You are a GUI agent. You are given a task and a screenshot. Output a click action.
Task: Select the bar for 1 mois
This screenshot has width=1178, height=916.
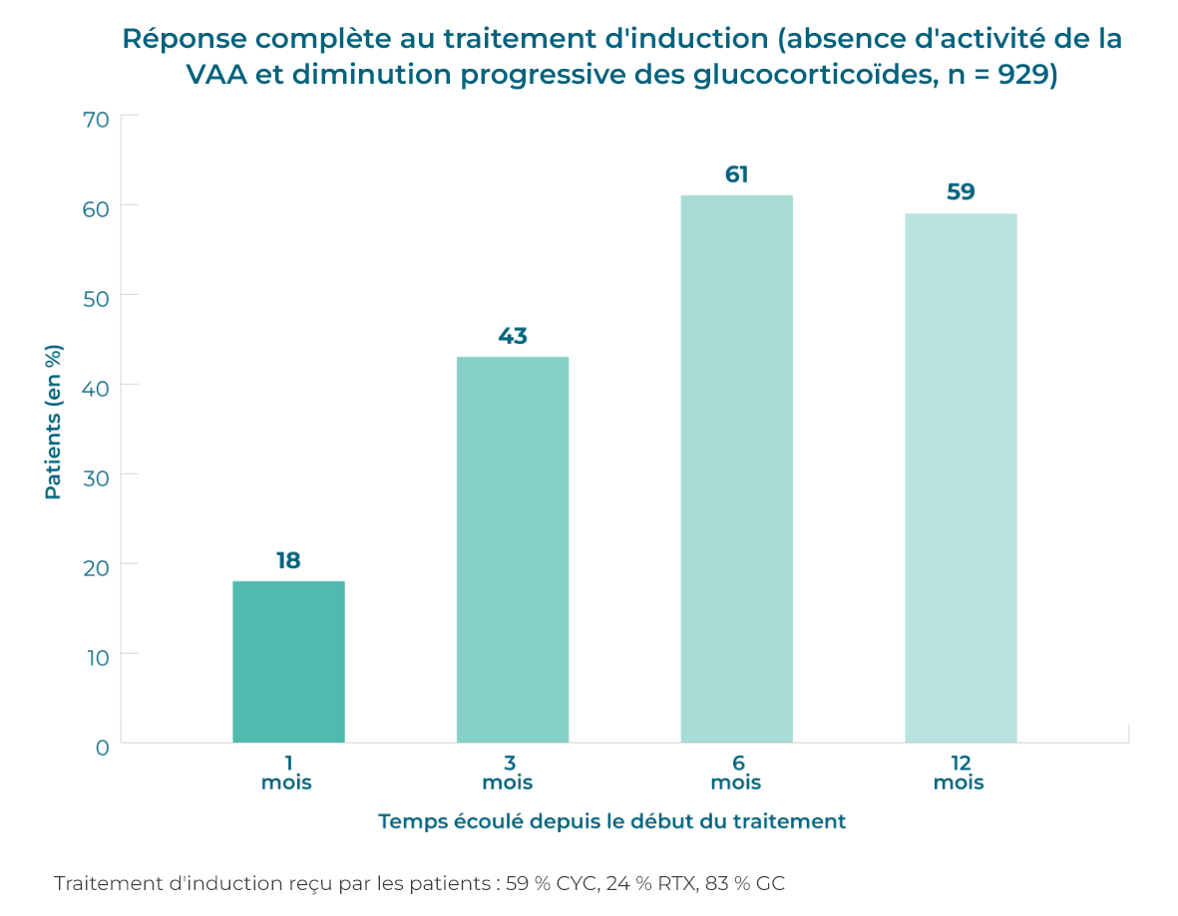click(x=288, y=662)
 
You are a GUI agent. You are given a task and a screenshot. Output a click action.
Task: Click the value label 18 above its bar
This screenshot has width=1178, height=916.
click(x=288, y=560)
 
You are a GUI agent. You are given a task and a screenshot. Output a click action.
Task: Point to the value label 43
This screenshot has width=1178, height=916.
click(x=513, y=336)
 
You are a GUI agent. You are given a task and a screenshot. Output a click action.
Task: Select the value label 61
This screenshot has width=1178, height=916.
click(x=737, y=174)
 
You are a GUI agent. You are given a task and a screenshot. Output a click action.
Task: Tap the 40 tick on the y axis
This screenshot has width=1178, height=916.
click(x=96, y=386)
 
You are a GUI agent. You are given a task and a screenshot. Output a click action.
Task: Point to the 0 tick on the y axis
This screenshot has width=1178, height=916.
click(x=102, y=747)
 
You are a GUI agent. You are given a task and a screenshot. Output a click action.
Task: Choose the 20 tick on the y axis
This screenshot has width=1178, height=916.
click(x=96, y=565)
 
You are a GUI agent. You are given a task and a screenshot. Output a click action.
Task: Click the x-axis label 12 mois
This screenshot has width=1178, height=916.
click(x=960, y=772)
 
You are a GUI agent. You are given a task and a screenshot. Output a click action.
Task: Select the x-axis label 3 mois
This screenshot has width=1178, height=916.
click(x=509, y=772)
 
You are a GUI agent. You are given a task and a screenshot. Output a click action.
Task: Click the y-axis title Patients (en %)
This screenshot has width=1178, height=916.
click(x=54, y=422)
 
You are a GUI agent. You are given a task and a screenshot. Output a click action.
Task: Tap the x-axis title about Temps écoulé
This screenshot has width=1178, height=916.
click(x=611, y=821)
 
